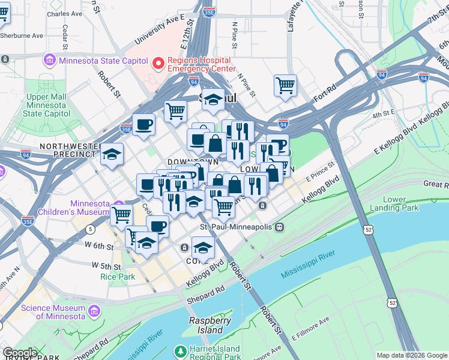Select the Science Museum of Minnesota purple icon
(94, 311)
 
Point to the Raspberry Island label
(210, 325)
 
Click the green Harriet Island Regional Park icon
(179, 351)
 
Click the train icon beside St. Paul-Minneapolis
(279, 227)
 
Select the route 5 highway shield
(90, 229)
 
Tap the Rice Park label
(118, 277)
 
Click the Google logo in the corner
(19, 353)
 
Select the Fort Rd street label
(323, 93)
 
